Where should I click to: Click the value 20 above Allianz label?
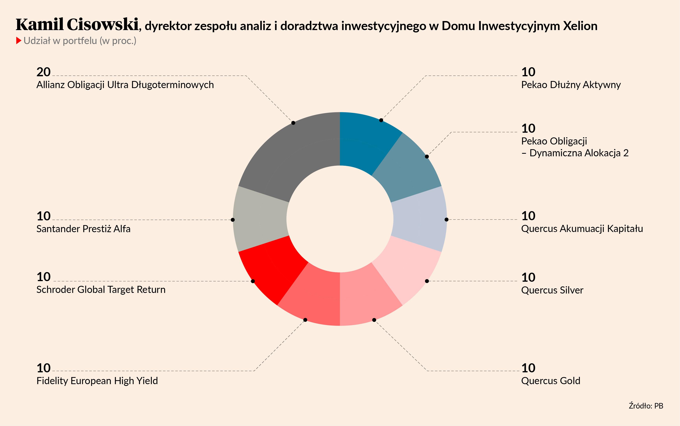tap(43, 72)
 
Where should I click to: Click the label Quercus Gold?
tap(550, 381)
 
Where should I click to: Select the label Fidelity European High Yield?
tap(97, 381)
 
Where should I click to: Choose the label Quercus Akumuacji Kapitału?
tap(582, 228)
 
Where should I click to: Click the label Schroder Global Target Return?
tap(101, 290)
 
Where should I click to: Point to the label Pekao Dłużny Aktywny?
tap(571, 85)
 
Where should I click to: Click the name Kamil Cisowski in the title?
tap(77, 25)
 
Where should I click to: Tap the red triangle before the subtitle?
tap(19, 40)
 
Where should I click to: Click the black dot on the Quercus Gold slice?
tap(374, 320)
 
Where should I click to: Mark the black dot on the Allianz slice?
tap(293, 123)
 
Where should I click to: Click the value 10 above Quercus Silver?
tap(528, 278)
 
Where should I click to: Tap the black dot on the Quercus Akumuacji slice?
tap(446, 219)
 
